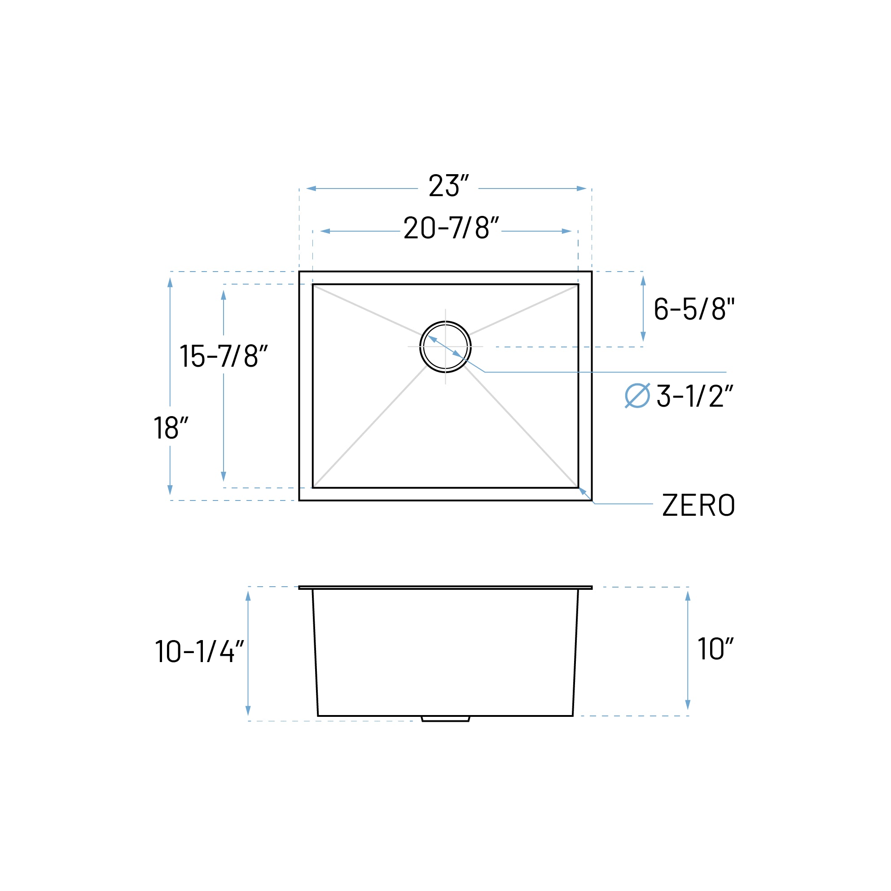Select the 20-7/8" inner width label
coord(451,228)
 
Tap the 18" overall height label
coord(171,428)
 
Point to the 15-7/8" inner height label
coord(223,356)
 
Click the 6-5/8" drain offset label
coord(693,308)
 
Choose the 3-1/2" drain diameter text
coord(694,396)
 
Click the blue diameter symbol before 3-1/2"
coord(637,396)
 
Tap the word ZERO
coord(698,505)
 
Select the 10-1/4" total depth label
coord(199,651)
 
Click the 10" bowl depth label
coord(715,649)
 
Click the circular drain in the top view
coord(445,347)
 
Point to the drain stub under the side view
coord(445,719)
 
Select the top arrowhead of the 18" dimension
coord(170,283)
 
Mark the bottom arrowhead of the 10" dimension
coord(688,704)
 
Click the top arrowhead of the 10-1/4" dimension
coord(248,596)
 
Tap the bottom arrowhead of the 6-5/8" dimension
coord(643,336)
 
